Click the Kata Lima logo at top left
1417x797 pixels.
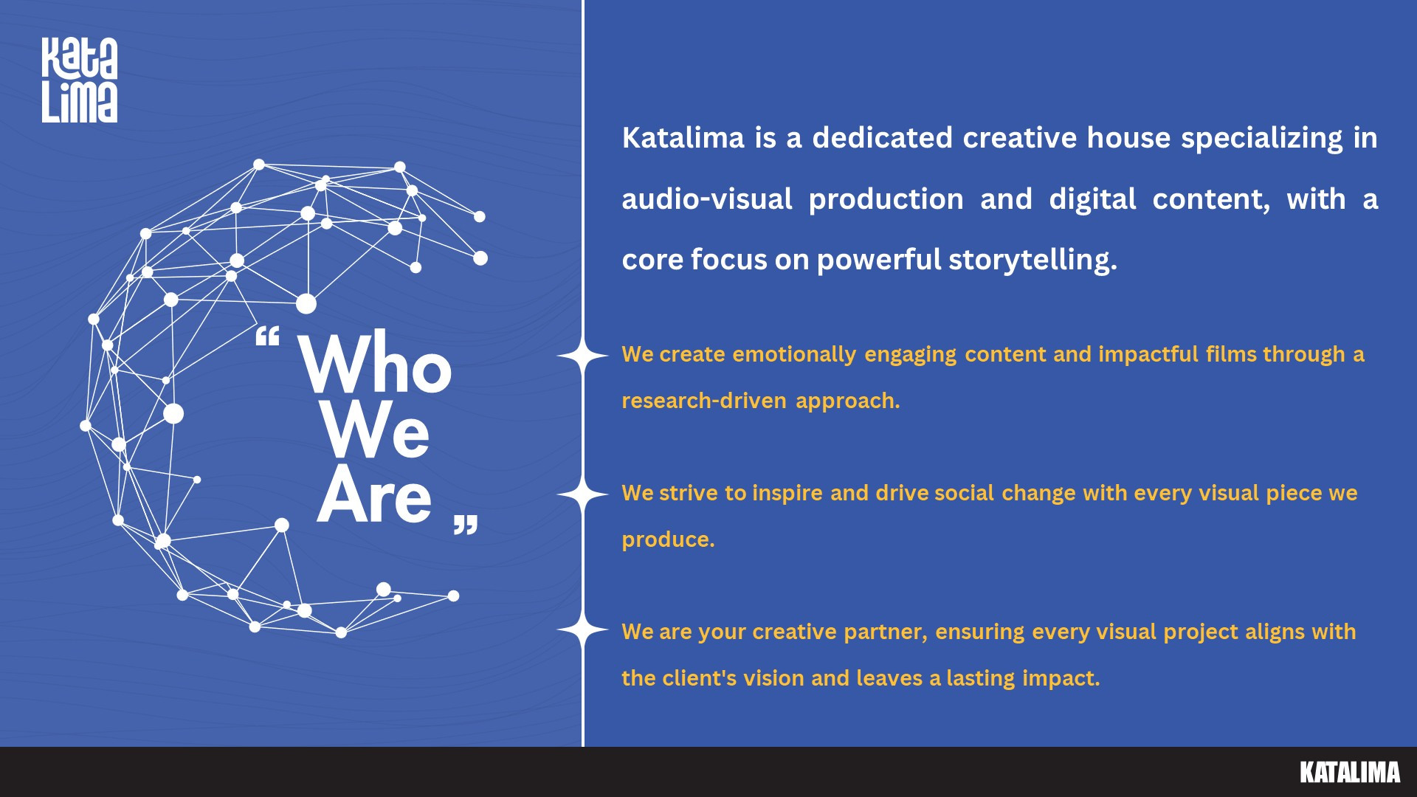pos(80,80)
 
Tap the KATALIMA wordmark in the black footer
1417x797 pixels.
pos(1350,772)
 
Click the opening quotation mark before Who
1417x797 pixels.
pos(267,337)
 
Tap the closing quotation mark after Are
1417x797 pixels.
pos(466,524)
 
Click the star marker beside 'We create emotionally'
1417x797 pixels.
pos(583,356)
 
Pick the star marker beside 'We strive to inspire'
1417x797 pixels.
pos(583,494)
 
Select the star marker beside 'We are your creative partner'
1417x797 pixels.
pos(583,630)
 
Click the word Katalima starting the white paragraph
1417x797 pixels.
pos(683,138)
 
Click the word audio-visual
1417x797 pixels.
pos(707,199)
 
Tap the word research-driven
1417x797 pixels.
pos(704,401)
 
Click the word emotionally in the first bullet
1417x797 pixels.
pos(794,355)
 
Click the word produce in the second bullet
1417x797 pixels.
pos(666,540)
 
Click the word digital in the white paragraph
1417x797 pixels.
pos(1092,200)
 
